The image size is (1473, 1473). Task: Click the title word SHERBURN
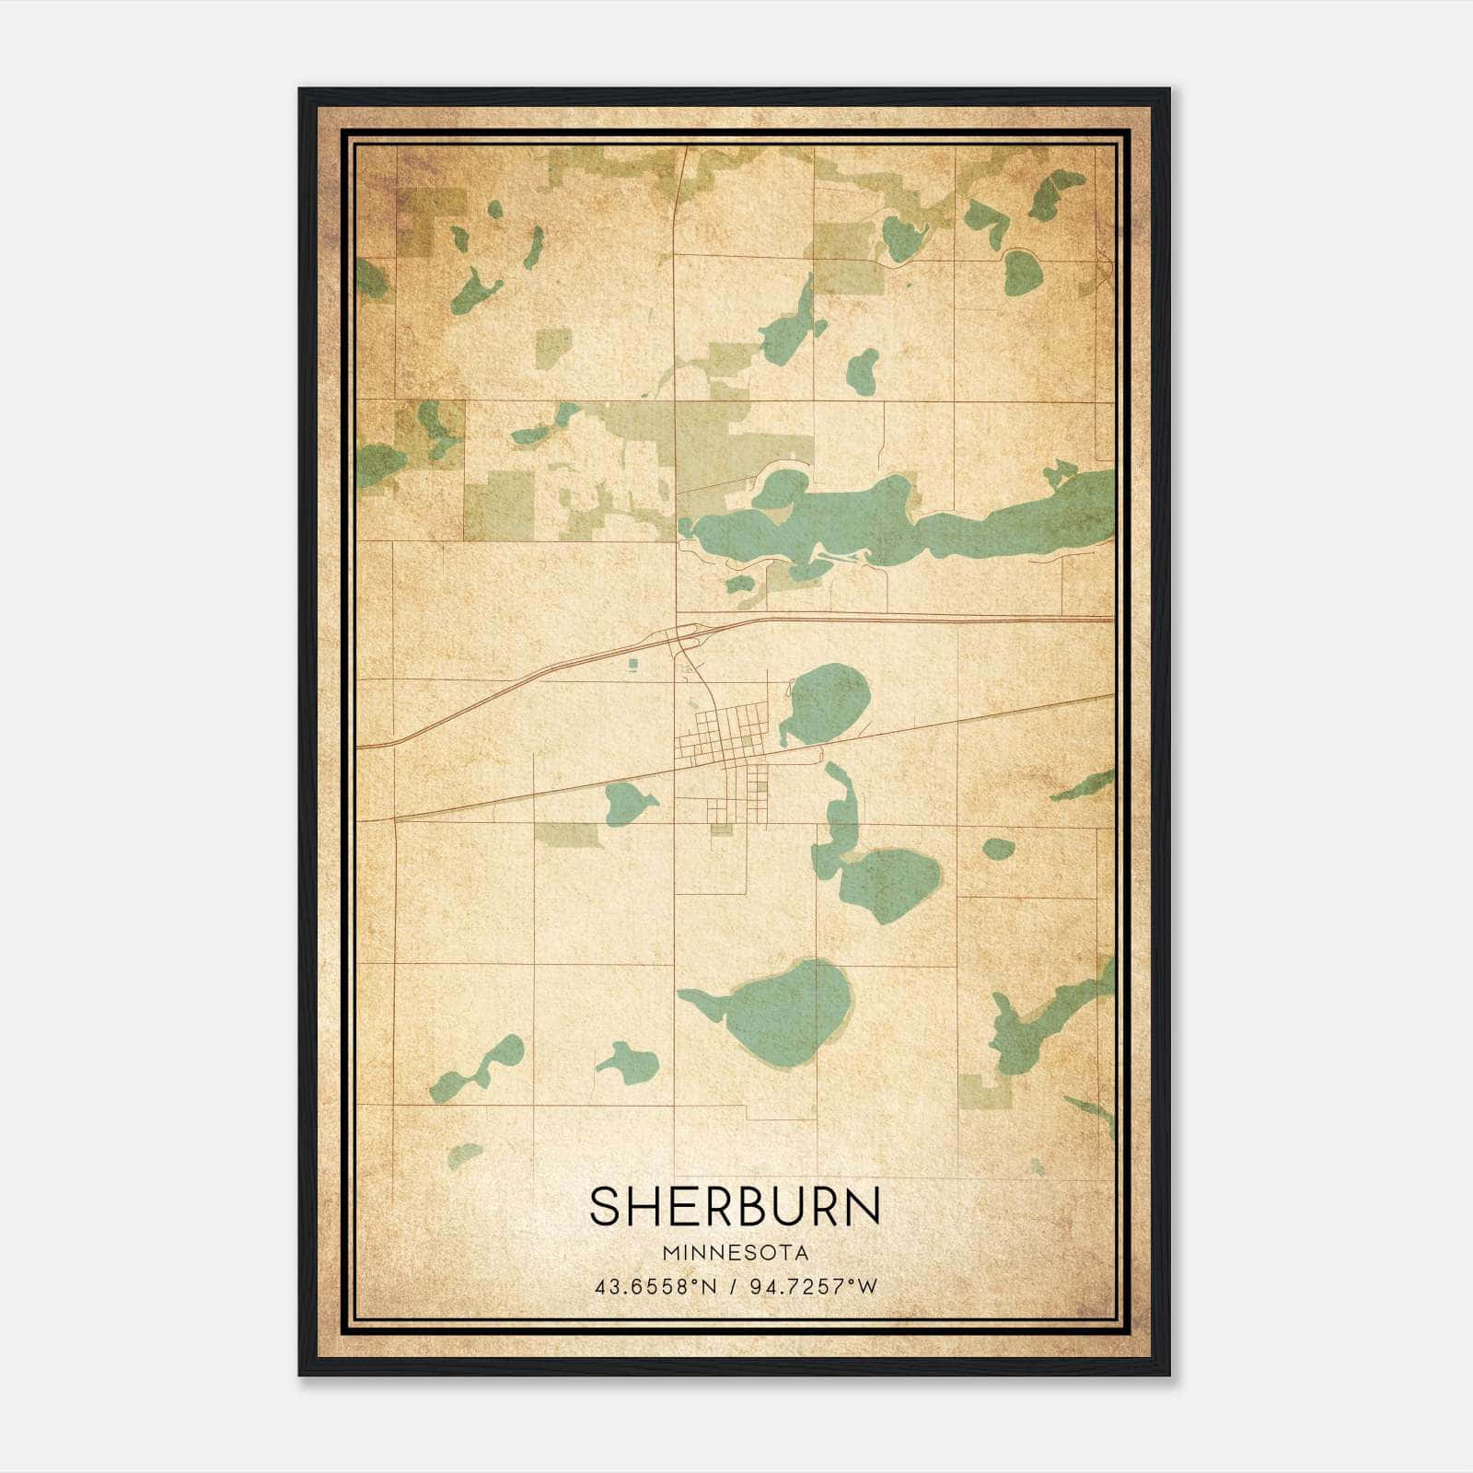point(735,1206)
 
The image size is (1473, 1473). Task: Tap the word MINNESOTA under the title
point(735,1253)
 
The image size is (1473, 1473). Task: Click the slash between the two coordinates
point(733,1287)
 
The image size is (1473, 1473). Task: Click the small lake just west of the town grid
point(628,803)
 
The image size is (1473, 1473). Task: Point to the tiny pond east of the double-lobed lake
point(998,847)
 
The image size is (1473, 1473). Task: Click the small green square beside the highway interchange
point(632,664)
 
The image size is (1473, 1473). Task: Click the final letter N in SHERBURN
point(863,1206)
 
